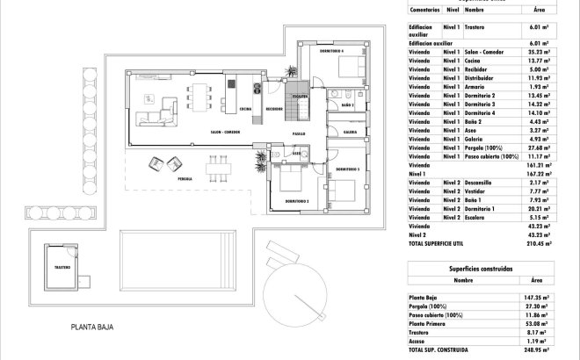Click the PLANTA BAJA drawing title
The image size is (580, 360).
[92, 328]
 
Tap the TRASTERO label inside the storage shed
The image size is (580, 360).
[62, 267]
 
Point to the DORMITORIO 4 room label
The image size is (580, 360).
[330, 51]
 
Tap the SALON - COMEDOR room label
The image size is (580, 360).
[226, 132]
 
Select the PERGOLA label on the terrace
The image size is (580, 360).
[185, 178]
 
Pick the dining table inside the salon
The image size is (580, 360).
[200, 90]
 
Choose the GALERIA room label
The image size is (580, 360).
[350, 132]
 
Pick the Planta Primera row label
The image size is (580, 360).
[429, 325]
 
